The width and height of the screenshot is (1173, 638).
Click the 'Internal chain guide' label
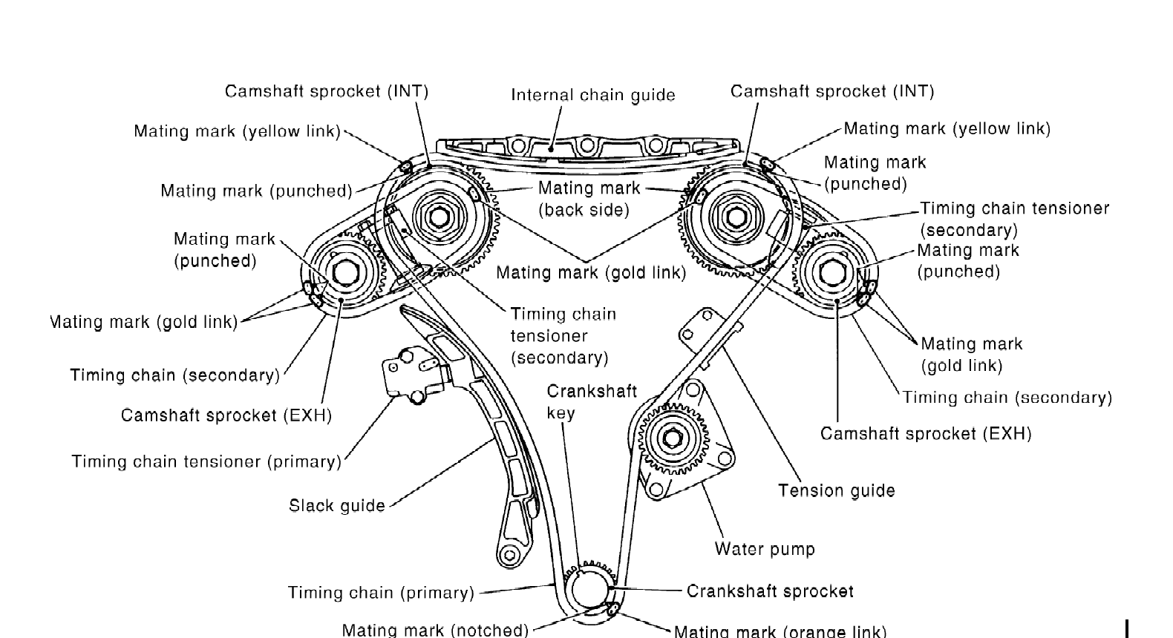coord(592,95)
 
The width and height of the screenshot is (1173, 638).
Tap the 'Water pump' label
coord(765,549)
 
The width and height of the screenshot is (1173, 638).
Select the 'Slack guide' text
coord(337,506)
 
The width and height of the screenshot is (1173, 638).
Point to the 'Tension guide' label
coord(836,491)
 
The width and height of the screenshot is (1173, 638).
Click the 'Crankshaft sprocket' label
coord(770,591)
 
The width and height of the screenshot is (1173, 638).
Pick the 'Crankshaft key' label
coord(592,402)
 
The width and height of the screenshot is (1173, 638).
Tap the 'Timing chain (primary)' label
coord(381,593)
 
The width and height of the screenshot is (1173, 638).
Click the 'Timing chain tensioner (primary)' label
coord(206,461)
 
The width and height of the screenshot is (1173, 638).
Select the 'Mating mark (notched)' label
coord(435,630)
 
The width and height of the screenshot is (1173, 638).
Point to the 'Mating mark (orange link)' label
coord(780,631)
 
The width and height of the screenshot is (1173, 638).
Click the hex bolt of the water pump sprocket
coord(672,438)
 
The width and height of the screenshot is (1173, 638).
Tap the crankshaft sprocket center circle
coord(590,590)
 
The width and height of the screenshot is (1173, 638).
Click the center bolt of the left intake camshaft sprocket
coord(439,217)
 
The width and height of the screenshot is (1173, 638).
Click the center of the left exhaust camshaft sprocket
coord(345,273)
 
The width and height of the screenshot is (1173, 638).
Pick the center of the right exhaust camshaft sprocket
coord(832,273)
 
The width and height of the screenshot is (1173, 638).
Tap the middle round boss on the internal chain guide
coord(587,145)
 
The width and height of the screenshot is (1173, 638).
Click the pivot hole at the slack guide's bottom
coord(509,555)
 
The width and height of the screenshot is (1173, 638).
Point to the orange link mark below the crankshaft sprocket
coord(612,609)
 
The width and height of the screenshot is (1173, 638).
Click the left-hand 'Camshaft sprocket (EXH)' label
coord(226,415)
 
